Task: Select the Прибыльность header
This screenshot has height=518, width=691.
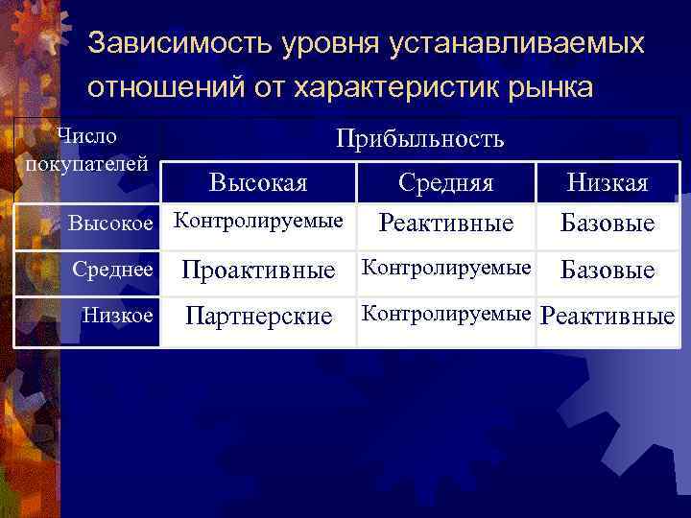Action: pyautogui.click(x=419, y=139)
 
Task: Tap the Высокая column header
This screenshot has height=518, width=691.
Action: pyautogui.click(x=258, y=182)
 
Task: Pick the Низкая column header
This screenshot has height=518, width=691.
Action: pyautogui.click(x=608, y=182)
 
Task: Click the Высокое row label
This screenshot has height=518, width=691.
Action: pyautogui.click(x=111, y=224)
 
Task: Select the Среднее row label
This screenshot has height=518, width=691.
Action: pyautogui.click(x=113, y=270)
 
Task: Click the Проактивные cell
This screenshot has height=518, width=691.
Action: pyautogui.click(x=259, y=271)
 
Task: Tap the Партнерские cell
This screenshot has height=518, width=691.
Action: pyautogui.click(x=258, y=316)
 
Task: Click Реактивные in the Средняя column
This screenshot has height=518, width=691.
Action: pyautogui.click(x=446, y=224)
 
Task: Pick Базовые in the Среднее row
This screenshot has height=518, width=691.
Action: pyautogui.click(x=608, y=271)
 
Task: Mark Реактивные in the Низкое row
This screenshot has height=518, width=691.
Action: pyautogui.click(x=608, y=316)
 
